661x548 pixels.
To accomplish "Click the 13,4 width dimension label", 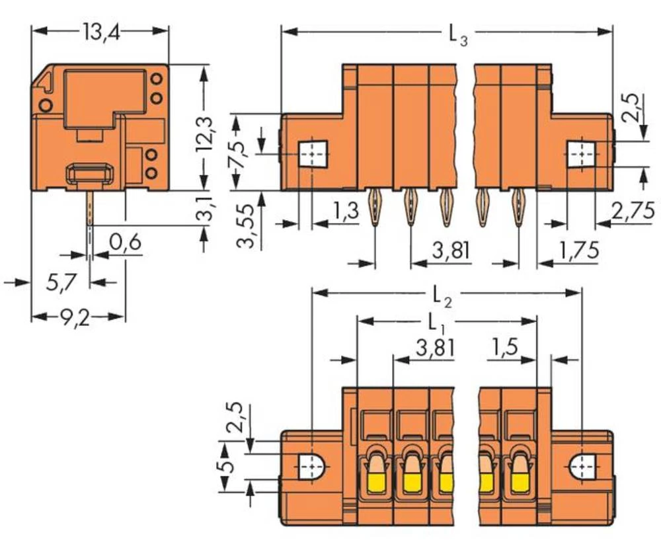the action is click(101, 32).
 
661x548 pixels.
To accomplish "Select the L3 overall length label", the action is click(458, 35).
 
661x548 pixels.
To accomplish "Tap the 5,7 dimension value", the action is click(61, 282).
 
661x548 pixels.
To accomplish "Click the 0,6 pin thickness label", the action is click(125, 243).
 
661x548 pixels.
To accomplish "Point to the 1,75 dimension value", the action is click(579, 251).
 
